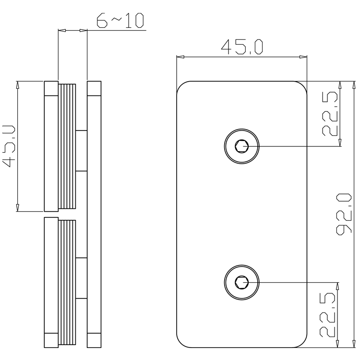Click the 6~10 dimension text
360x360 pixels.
[120, 22]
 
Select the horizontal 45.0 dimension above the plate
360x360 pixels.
[241, 47]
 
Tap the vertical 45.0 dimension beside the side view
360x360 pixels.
[10, 146]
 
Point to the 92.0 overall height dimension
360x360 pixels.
[345, 214]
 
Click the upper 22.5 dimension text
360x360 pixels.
[331, 114]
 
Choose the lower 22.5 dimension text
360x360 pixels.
[328, 314]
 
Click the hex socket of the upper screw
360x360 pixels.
[242, 146]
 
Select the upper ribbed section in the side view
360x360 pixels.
[67, 146]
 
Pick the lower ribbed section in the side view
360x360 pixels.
[67, 283]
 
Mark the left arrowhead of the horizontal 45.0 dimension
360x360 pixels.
[180, 57]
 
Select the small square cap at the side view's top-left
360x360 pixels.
[51, 89]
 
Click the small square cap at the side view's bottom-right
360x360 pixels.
[94, 340]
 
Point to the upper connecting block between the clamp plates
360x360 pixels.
[81, 150]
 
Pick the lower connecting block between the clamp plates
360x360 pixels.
[81, 278]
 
